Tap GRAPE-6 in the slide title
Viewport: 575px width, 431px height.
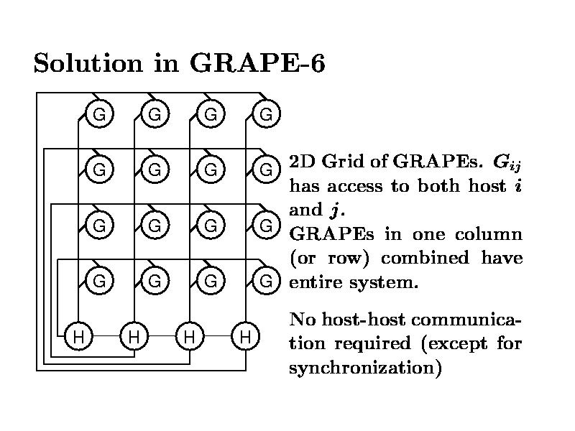tap(257, 63)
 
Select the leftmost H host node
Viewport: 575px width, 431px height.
tap(78, 335)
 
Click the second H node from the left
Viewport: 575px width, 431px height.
tap(134, 335)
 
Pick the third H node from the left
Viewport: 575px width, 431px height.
tap(189, 335)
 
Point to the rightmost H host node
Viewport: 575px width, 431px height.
tap(244, 335)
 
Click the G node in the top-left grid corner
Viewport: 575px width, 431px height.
tap(100, 113)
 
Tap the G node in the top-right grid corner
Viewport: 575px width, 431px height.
tap(265, 113)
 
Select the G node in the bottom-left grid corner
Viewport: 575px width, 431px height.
tap(100, 281)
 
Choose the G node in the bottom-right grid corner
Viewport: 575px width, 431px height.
tap(265, 281)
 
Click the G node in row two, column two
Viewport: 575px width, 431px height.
tap(155, 170)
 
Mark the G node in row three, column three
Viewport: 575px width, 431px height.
tap(210, 226)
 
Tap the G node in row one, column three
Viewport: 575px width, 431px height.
tap(210, 113)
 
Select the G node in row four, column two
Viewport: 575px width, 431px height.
tap(155, 281)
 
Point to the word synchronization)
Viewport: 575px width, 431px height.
tap(364, 368)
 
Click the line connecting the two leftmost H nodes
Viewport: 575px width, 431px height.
tap(106, 335)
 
